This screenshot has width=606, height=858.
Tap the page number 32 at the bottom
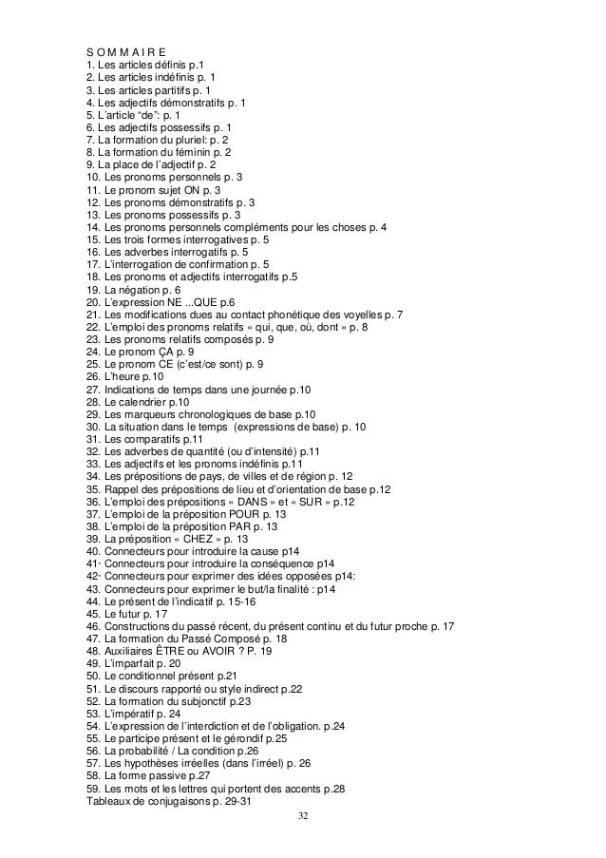pos(303,815)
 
